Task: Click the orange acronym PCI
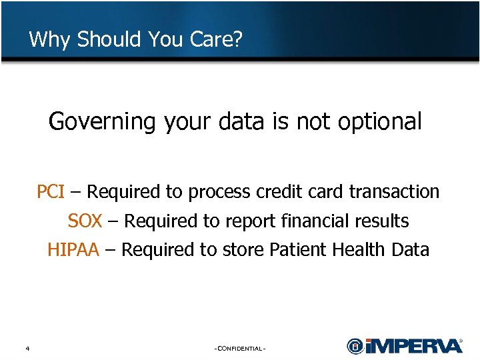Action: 50,192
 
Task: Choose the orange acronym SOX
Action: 85,221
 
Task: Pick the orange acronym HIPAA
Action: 73,250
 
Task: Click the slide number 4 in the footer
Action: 27,348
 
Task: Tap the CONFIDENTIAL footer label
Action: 240,349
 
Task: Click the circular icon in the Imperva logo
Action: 355,346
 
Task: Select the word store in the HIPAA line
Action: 243,250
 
